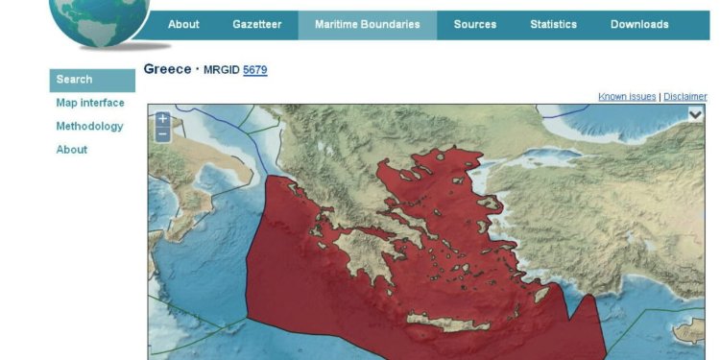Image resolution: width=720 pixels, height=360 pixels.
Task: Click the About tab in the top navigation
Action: coord(183,25)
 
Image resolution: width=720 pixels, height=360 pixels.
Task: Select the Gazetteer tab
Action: coord(257,25)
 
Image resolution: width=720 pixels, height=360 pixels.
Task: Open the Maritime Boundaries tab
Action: coord(367,25)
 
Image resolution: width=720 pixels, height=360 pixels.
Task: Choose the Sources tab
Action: coord(474,25)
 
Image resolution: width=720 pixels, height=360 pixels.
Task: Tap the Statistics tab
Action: coord(553,25)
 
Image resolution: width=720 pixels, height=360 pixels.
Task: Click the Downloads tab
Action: coord(639,25)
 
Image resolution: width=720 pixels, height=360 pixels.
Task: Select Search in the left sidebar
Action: coord(75,80)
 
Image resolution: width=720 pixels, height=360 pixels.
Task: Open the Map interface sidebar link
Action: coord(90,103)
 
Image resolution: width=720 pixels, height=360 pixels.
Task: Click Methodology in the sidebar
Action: coord(89,126)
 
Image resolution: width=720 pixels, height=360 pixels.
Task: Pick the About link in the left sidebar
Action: coord(72,149)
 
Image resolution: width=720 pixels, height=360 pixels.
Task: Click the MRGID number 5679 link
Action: coord(255,70)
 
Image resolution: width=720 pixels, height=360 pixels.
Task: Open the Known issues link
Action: coord(627,96)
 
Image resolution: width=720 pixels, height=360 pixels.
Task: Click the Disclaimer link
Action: coord(685,96)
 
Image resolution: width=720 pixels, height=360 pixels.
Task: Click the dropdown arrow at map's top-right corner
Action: coord(695,114)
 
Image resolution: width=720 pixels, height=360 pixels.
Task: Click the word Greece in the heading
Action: coord(167,69)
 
